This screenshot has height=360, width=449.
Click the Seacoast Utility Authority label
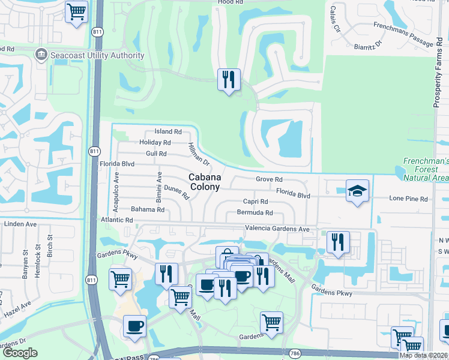[97, 55]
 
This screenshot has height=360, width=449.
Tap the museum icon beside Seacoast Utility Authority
[41, 55]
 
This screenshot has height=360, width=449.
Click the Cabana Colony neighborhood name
[205, 182]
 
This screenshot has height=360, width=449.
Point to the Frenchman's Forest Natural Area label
[426, 169]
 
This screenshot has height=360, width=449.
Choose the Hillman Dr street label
[198, 154]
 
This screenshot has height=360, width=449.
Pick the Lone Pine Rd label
[408, 199]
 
